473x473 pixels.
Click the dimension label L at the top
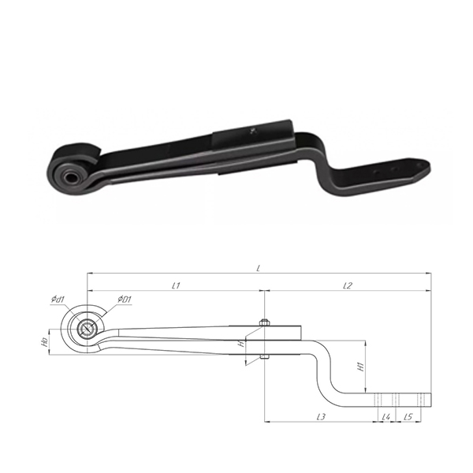point(259,268)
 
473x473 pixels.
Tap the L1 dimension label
point(176,285)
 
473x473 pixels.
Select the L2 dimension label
point(348,285)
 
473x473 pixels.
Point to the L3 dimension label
point(322,416)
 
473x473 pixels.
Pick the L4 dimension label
point(386,416)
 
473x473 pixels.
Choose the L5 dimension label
point(408,416)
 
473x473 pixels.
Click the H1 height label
point(361,367)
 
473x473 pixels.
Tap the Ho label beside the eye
point(46,342)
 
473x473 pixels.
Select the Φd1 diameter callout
point(58,300)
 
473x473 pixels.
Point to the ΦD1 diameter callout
point(125,300)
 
